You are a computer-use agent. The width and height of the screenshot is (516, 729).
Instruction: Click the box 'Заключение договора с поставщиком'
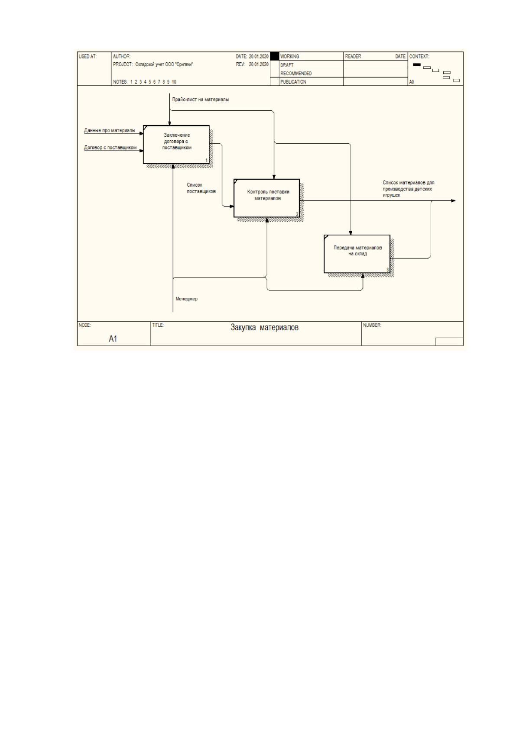pyautogui.click(x=176, y=145)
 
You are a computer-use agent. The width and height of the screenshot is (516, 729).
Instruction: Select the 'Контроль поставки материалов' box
pyautogui.click(x=266, y=198)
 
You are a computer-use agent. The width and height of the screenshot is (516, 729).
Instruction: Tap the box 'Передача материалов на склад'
pyautogui.click(x=357, y=254)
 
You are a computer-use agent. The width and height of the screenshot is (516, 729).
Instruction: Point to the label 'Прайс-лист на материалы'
pyautogui.click(x=200, y=100)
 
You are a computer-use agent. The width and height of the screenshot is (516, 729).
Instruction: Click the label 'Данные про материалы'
pyautogui.click(x=110, y=130)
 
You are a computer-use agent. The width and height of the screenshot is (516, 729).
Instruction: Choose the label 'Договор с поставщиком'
pyautogui.click(x=110, y=148)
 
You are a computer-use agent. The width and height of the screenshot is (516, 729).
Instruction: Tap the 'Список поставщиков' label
pyautogui.click(x=201, y=188)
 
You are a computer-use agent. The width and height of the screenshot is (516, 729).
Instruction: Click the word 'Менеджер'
pyautogui.click(x=186, y=299)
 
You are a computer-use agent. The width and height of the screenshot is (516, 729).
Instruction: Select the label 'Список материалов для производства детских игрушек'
pyautogui.click(x=409, y=189)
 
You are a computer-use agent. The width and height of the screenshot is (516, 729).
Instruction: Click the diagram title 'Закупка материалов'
pyautogui.click(x=264, y=327)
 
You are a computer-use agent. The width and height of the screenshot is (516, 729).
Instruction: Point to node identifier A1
pyautogui.click(x=113, y=339)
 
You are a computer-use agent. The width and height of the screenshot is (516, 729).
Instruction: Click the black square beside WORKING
pyautogui.click(x=275, y=56)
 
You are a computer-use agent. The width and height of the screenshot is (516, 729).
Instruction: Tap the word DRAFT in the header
pyautogui.click(x=287, y=65)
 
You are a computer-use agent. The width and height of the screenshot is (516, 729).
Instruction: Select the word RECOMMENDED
pyautogui.click(x=296, y=74)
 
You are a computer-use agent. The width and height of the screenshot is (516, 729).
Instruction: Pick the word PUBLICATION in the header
pyautogui.click(x=293, y=82)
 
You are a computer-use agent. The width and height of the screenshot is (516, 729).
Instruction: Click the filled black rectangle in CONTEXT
pyautogui.click(x=417, y=65)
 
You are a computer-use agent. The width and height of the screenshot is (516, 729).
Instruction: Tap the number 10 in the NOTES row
pyautogui.click(x=174, y=82)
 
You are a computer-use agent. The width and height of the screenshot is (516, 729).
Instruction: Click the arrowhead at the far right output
pyautogui.click(x=453, y=201)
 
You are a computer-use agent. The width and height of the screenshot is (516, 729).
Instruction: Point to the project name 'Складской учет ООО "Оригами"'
pyautogui.click(x=164, y=65)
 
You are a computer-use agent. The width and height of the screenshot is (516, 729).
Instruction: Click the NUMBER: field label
pyautogui.click(x=372, y=325)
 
